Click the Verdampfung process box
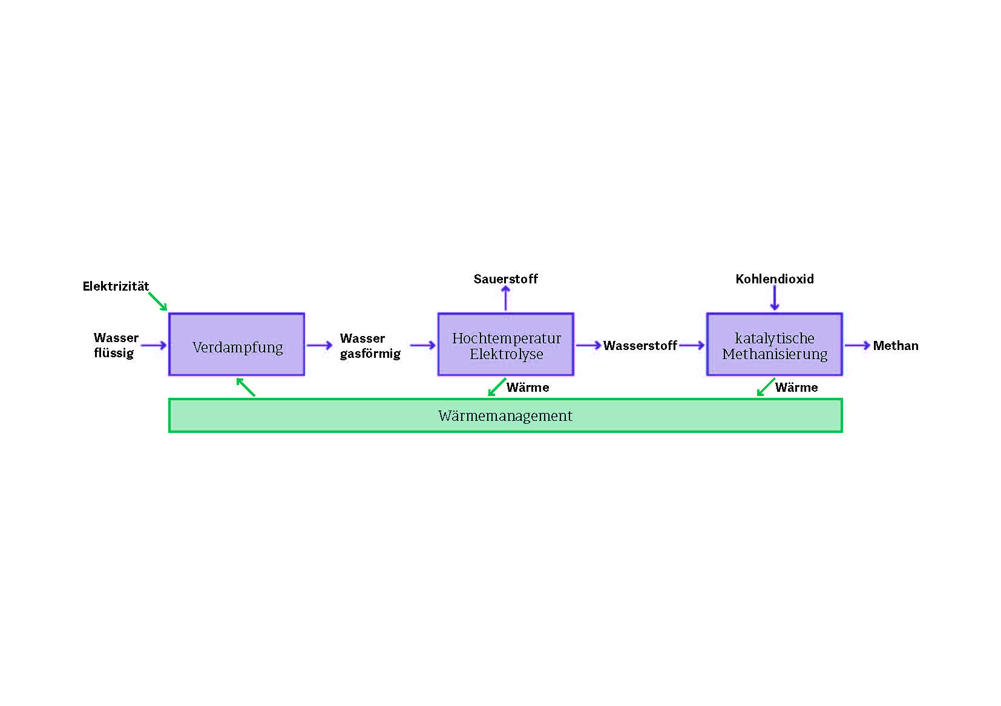click(237, 345)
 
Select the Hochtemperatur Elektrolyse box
click(505, 345)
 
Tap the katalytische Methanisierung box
click(774, 345)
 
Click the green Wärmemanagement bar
click(505, 415)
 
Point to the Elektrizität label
click(116, 286)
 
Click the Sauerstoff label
click(505, 279)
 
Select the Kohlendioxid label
click(774, 279)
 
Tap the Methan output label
click(895, 346)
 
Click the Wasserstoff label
click(640, 346)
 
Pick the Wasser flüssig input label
click(115, 345)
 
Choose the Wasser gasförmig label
click(369, 346)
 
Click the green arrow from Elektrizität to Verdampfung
click(157, 301)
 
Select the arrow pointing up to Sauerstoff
click(505, 298)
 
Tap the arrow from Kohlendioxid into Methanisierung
click(774, 298)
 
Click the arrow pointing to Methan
click(857, 345)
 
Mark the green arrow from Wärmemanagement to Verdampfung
click(245, 387)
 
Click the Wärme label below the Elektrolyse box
click(528, 388)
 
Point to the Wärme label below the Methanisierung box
click(796, 388)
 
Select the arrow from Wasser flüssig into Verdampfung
click(154, 345)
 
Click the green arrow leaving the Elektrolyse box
click(497, 387)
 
